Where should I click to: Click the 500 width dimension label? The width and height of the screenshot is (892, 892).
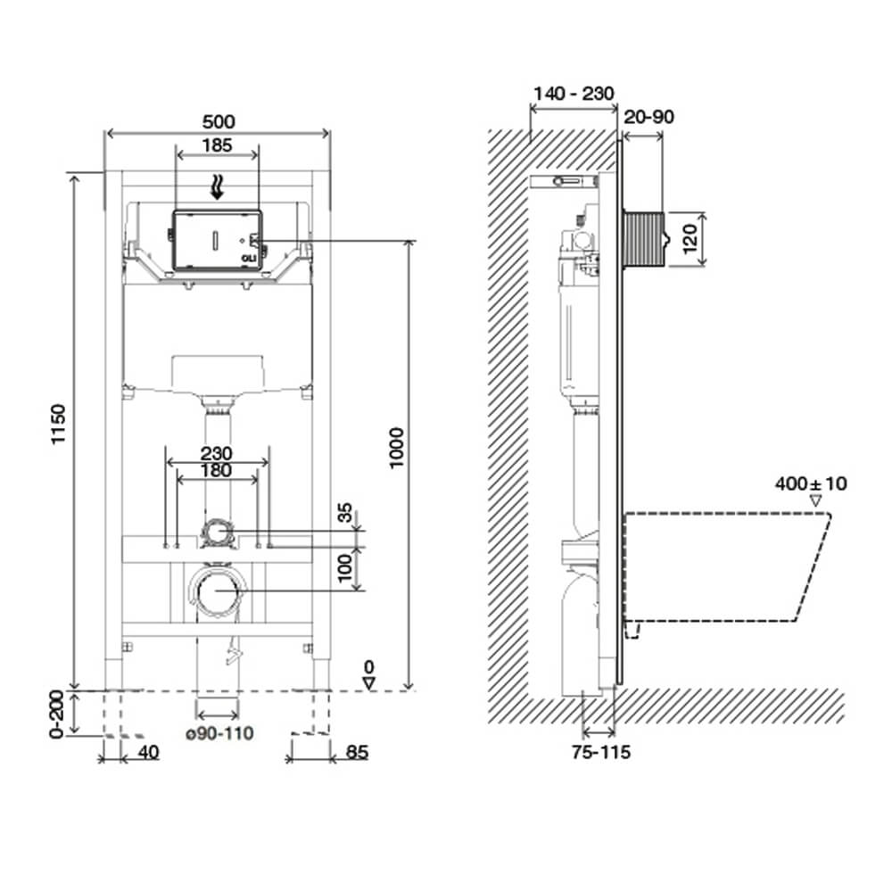point(219,121)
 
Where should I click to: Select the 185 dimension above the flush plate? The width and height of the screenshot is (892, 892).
point(218,145)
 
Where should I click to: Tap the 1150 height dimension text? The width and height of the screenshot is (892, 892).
point(59,425)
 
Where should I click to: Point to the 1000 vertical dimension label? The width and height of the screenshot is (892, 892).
point(396,448)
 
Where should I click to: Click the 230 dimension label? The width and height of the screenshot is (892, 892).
point(217,453)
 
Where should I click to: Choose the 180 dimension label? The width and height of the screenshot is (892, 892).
point(217,470)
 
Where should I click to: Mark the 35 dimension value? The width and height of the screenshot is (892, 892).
point(345,513)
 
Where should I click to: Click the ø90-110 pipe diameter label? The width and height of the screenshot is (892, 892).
point(219,733)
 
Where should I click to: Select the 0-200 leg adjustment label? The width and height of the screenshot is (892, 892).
point(56,715)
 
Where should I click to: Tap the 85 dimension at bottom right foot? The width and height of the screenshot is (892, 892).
point(358,752)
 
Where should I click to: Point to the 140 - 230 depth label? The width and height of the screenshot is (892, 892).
point(574,94)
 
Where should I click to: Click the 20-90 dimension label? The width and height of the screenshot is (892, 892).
point(648,117)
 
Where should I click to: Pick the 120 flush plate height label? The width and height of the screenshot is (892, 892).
point(690,239)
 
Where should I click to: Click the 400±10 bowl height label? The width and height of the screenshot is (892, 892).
point(811,483)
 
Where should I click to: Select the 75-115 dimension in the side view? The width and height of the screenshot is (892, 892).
point(601,752)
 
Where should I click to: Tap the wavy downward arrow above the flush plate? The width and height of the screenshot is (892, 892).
point(218,187)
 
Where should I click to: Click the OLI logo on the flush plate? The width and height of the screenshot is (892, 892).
point(249,259)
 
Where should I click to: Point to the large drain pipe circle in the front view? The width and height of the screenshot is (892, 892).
point(215,591)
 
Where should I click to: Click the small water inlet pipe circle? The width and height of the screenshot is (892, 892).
point(216,532)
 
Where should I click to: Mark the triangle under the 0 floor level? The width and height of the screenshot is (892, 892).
point(369,682)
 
